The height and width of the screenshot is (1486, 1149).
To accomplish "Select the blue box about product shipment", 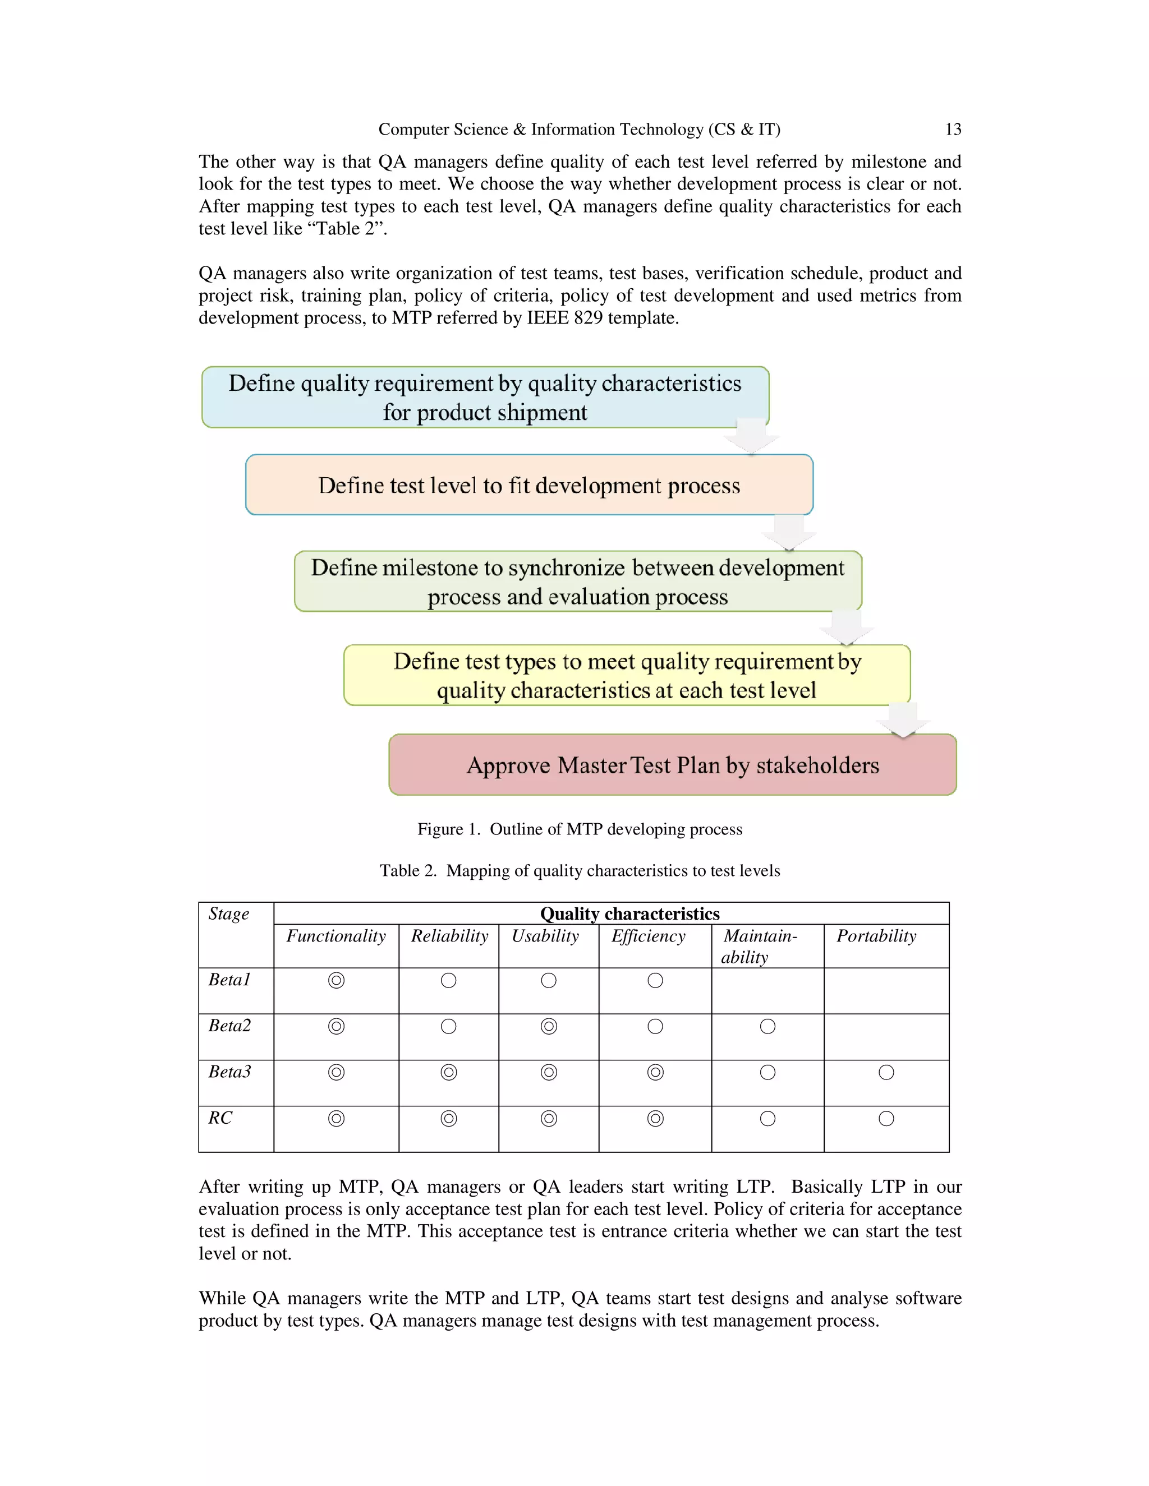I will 485,398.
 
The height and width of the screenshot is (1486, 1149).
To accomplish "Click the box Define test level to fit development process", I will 529,485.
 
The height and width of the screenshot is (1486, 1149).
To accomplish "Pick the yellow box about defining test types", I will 626,675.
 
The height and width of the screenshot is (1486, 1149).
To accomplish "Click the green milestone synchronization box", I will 577,582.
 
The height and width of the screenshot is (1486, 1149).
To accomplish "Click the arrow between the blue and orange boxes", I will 751,436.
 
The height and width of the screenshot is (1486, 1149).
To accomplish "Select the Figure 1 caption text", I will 579,829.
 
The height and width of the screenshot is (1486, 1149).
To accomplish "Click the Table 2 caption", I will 579,870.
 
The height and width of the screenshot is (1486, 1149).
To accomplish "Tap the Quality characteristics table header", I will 629,913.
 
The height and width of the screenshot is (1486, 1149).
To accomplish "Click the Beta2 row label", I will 229,1026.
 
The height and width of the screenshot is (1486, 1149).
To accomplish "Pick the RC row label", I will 220,1118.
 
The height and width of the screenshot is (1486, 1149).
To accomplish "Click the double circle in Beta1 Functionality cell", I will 336,980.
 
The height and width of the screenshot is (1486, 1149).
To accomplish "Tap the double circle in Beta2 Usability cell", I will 549,1026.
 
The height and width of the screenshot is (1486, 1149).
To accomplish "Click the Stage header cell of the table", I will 229,914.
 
